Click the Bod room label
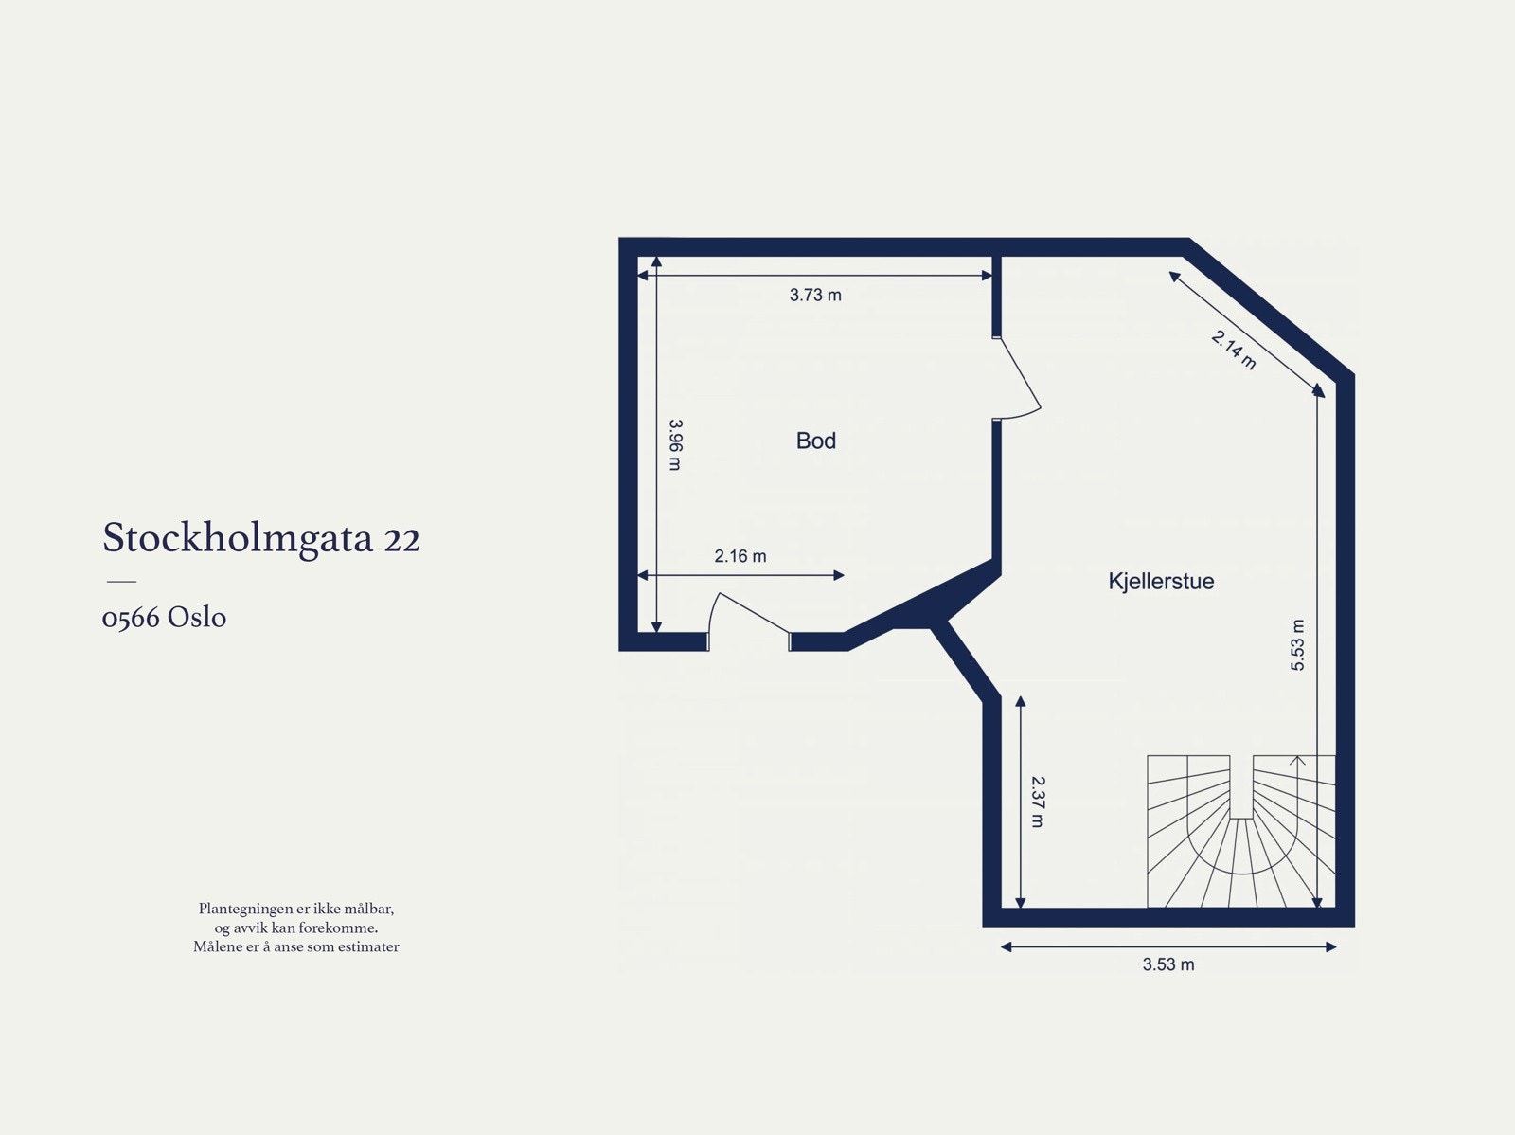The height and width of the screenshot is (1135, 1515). (x=815, y=441)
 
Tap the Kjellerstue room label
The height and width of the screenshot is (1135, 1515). (x=1161, y=581)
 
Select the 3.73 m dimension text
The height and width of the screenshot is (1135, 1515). (x=815, y=295)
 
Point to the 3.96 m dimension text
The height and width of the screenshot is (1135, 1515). (x=674, y=445)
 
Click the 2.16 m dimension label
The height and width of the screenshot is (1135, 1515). (x=740, y=556)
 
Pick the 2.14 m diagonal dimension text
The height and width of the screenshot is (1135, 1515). (x=1234, y=350)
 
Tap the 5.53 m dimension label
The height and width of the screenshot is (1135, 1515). (x=1297, y=645)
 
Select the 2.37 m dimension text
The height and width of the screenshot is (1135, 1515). (x=1037, y=802)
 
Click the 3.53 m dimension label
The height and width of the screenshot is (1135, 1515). (x=1167, y=964)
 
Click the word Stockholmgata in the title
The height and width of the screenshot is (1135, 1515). (x=238, y=538)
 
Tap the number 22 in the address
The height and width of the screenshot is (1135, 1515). (x=401, y=539)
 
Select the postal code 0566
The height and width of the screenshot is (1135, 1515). (x=130, y=618)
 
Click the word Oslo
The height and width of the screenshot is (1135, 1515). (x=197, y=618)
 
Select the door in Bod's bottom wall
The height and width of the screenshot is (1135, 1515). (x=749, y=616)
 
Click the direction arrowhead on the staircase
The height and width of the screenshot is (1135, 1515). (x=1297, y=759)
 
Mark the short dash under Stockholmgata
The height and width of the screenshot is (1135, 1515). (x=121, y=581)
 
